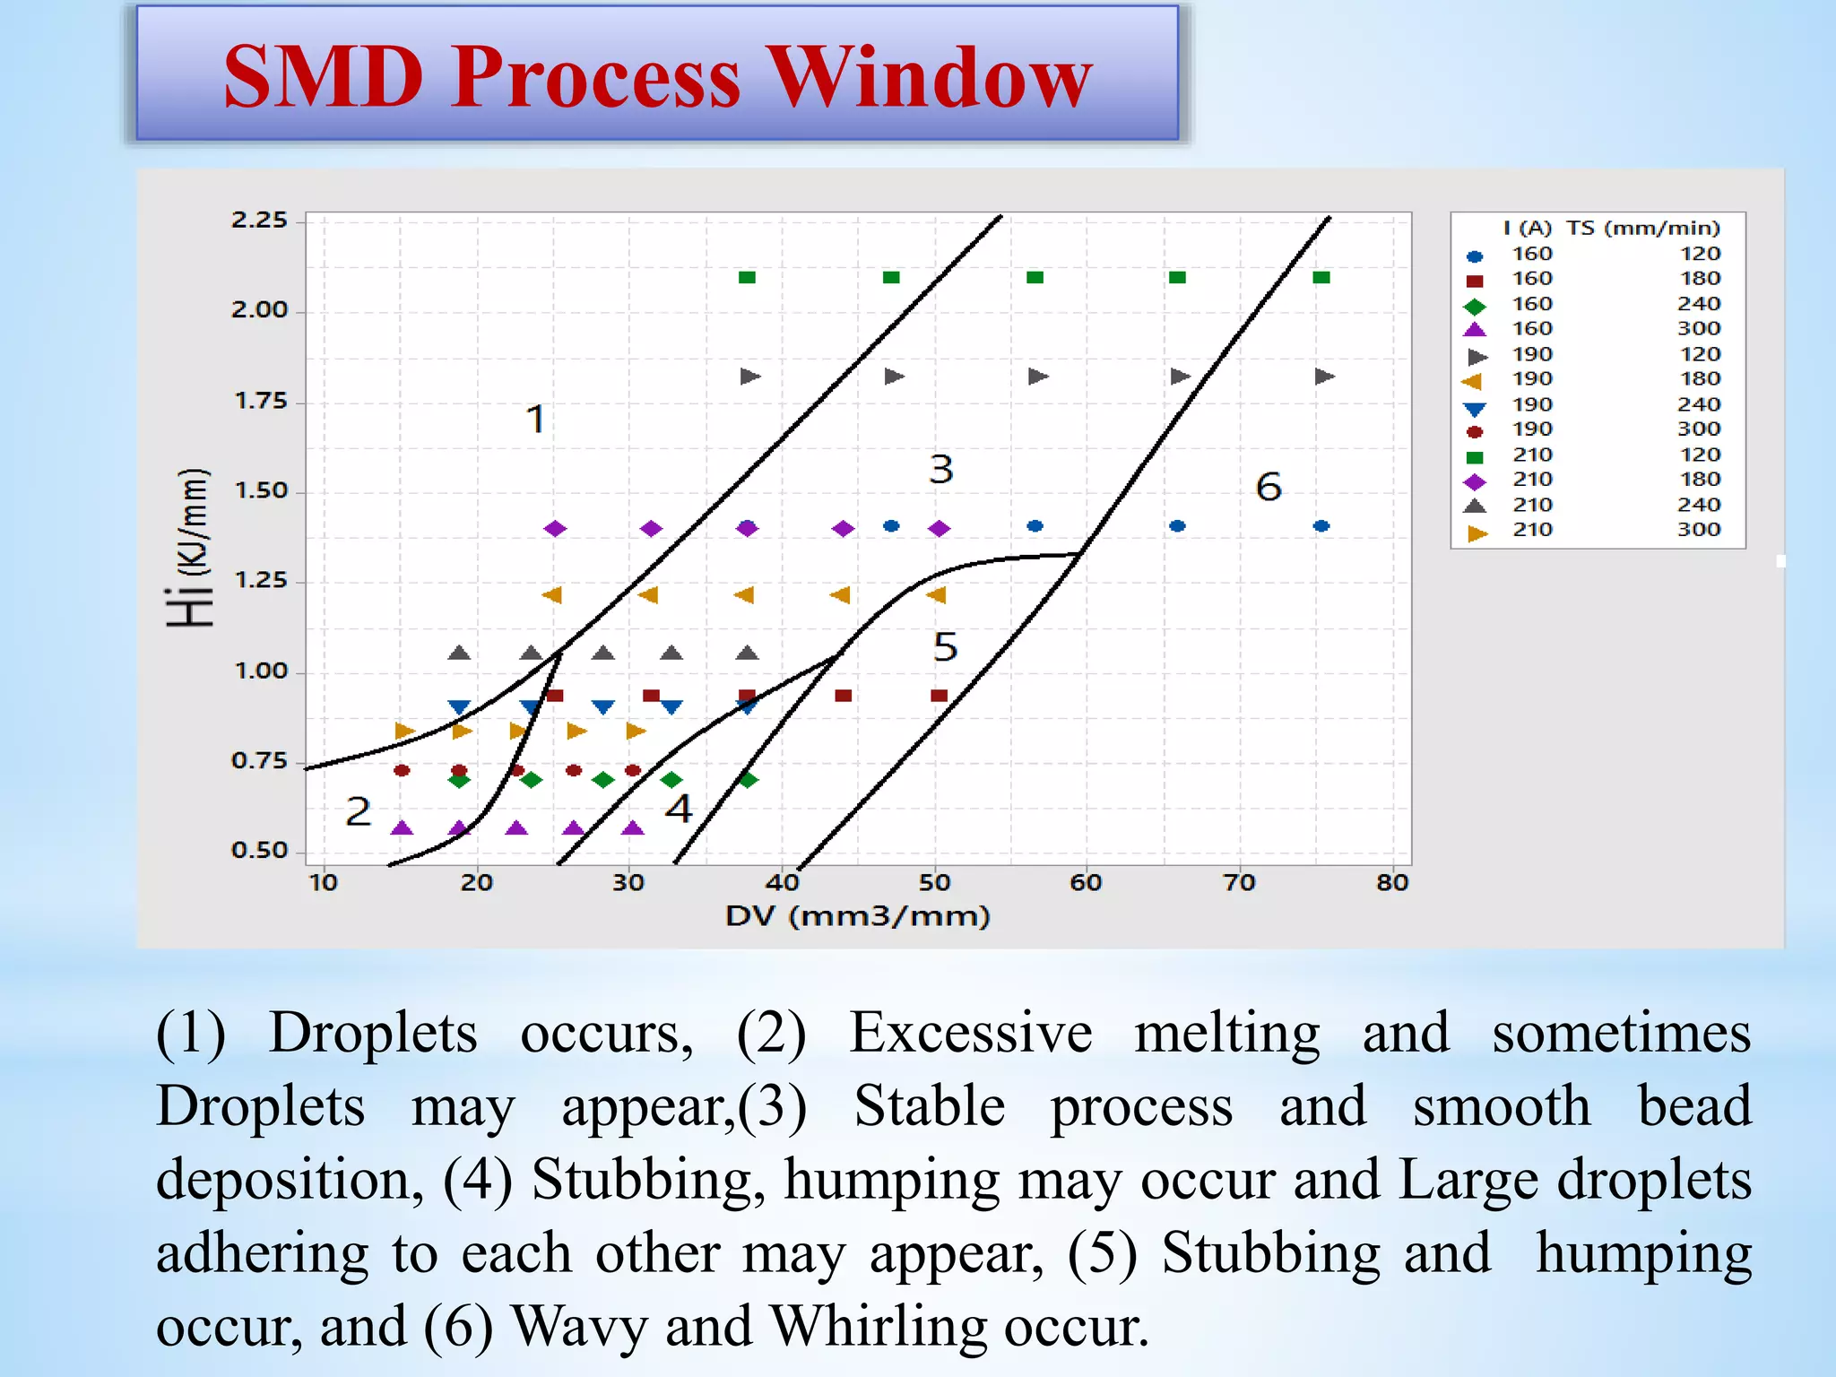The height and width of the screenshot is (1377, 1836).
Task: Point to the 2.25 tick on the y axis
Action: (259, 221)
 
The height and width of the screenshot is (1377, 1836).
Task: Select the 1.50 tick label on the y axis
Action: (260, 491)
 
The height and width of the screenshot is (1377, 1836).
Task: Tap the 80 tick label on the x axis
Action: (1392, 883)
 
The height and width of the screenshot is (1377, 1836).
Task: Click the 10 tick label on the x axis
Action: (324, 883)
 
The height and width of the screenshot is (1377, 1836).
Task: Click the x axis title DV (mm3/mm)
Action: (857, 916)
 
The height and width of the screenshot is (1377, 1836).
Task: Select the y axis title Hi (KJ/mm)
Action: (189, 548)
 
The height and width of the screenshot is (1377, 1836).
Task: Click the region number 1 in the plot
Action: (535, 420)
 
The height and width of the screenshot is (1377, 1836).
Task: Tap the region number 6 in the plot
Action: (1269, 488)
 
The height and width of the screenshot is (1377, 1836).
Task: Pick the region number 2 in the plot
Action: (358, 812)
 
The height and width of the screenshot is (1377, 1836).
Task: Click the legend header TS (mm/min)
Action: (1643, 229)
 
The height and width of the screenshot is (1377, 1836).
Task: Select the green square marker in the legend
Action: (1475, 457)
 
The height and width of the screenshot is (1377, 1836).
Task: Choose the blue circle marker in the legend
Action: (1475, 256)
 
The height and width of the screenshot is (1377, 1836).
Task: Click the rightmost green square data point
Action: (1321, 278)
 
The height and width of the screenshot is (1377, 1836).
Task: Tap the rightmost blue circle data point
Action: (1321, 526)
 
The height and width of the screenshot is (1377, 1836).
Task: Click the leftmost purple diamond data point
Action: (555, 529)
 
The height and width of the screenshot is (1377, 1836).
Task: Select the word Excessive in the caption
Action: (970, 1033)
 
